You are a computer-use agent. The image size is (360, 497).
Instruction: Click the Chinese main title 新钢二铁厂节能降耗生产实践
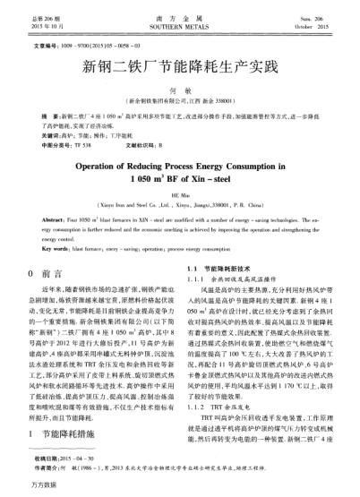click(x=180, y=64)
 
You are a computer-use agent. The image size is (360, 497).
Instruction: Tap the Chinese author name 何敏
click(x=180, y=92)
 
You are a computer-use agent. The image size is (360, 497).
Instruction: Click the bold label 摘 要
click(x=40, y=116)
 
